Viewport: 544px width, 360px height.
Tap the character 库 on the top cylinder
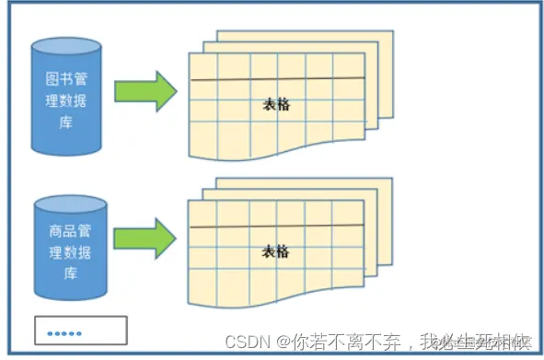[x=66, y=122]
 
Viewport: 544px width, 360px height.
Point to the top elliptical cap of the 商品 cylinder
[x=66, y=201]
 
